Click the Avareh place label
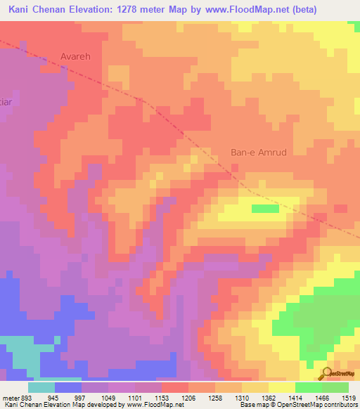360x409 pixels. click(77, 55)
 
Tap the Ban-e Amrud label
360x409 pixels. click(259, 152)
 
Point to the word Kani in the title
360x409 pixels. click(21, 9)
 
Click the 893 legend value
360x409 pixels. click(25, 397)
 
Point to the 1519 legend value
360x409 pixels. click(349, 397)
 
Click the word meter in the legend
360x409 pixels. click(8, 397)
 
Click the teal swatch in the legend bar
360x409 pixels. click(41, 387)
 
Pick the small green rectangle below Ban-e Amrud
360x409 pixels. click(265, 209)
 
